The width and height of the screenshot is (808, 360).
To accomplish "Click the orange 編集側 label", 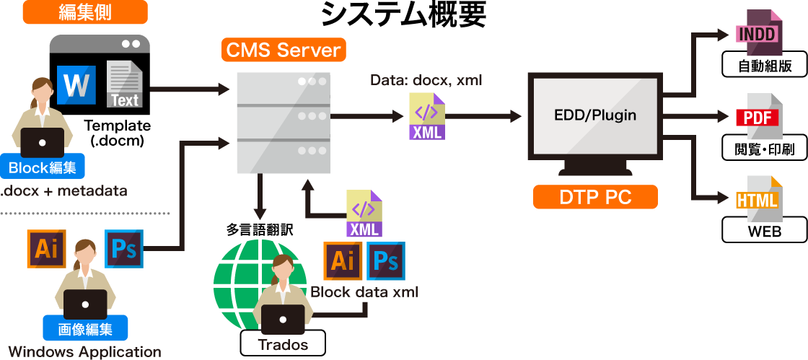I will point(85,12).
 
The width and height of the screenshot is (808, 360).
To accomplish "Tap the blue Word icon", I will point(76,84).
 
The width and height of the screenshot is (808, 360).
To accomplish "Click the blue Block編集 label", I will point(43,168).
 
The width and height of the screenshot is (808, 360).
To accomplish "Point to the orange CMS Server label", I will point(283,51).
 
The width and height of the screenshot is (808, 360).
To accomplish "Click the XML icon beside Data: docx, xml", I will point(427,116).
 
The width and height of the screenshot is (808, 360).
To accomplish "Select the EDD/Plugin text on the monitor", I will point(595,115).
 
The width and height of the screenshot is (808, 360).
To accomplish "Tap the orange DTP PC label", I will point(595,197).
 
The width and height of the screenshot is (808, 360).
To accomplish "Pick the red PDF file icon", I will point(757,117).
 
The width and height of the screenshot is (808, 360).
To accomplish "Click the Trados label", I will point(283,344).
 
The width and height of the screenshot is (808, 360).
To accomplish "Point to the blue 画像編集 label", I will point(85,330).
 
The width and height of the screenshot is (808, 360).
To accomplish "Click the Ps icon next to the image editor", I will point(124,249).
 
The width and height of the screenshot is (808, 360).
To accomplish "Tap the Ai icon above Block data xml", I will point(343,261).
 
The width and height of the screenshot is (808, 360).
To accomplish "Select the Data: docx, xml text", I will point(426,79).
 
